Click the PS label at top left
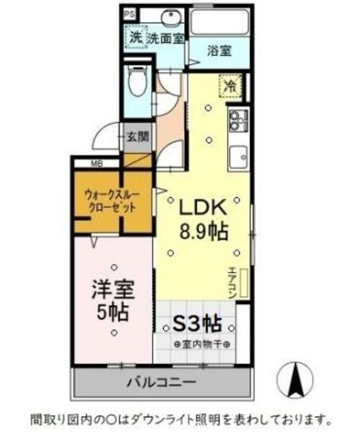click(x=130, y=13)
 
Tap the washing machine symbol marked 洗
click(x=136, y=38)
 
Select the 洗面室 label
click(x=166, y=39)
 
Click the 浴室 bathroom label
click(x=219, y=51)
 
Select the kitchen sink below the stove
click(x=238, y=158)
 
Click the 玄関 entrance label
click(x=136, y=136)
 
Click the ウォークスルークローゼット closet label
click(x=113, y=201)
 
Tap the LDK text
click(x=202, y=206)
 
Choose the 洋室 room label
click(x=112, y=290)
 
